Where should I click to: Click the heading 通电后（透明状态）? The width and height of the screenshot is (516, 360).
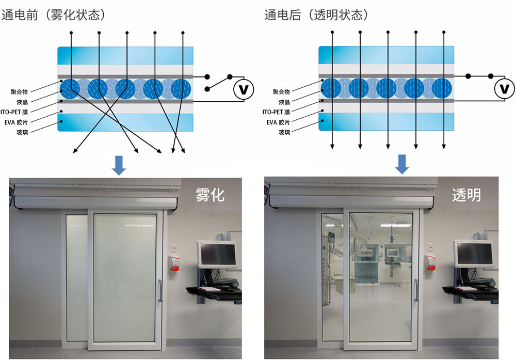point(316,15)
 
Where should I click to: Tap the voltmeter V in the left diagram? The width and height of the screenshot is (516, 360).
point(244,90)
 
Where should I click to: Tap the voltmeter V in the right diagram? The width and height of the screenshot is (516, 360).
point(505,90)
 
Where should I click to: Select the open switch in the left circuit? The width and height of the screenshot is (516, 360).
point(217,83)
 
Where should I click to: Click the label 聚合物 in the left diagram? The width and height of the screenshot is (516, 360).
point(20,91)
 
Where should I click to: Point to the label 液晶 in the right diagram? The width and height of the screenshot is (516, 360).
point(284,102)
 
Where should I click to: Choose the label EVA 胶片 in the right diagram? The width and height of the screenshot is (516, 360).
point(280,122)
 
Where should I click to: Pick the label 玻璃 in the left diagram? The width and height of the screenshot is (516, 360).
point(24,132)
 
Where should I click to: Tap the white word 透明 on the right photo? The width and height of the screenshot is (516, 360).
point(466,195)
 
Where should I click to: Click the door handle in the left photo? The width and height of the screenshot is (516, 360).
point(160,290)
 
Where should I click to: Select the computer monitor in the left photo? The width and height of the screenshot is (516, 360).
point(217,253)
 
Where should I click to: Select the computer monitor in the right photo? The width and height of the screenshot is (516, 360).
point(474,253)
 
